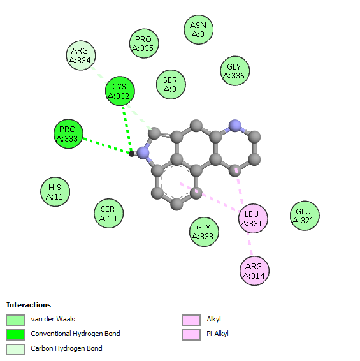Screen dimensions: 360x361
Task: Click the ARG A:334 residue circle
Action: (x=81, y=55)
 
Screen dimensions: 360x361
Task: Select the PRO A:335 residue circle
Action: (x=144, y=43)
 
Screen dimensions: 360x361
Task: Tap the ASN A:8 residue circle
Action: (x=199, y=30)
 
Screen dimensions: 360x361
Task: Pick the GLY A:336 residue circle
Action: (x=235, y=71)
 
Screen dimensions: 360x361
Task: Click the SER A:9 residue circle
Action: (x=171, y=84)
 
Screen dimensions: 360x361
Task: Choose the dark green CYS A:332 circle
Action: (x=120, y=91)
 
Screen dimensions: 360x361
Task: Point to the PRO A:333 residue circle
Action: (x=68, y=134)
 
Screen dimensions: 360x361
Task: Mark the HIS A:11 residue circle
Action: (x=55, y=192)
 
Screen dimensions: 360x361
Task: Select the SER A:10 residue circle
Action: (x=108, y=214)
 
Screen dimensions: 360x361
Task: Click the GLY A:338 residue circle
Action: (x=205, y=232)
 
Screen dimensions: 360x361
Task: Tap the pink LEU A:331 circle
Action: (x=253, y=219)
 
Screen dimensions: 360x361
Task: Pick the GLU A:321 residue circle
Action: (x=305, y=216)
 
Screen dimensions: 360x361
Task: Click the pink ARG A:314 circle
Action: (x=254, y=270)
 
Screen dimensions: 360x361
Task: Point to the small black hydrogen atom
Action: (x=131, y=154)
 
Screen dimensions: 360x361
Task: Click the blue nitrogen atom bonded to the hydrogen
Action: (x=143, y=153)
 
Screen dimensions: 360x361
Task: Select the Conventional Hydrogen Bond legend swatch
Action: (x=15, y=335)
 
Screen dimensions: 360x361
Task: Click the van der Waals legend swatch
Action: (x=15, y=320)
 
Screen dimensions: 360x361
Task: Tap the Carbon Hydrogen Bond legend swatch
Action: (x=15, y=350)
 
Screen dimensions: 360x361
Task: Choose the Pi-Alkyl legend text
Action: (x=217, y=334)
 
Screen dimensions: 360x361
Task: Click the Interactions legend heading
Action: (x=29, y=305)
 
